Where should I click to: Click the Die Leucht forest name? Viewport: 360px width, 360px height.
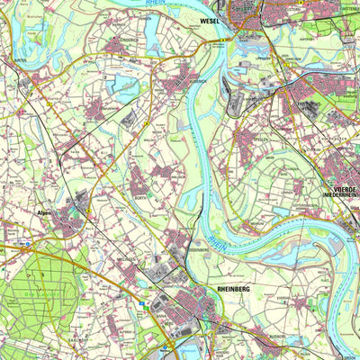[x=36, y=292]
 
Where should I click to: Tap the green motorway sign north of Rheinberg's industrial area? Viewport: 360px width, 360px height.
[x=140, y=306]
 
